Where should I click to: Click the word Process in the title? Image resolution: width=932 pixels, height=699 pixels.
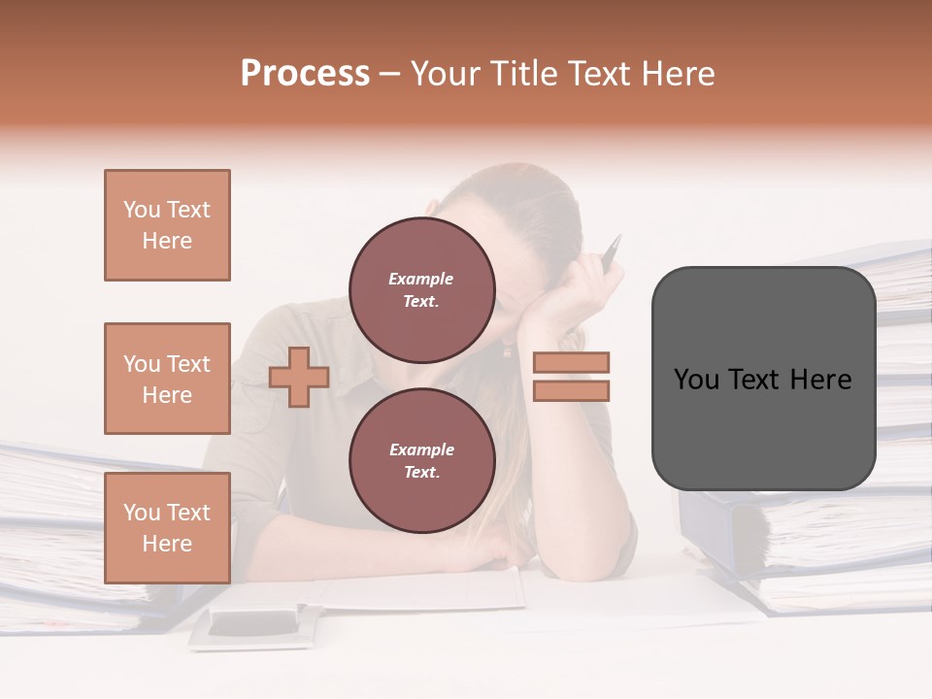[305, 74]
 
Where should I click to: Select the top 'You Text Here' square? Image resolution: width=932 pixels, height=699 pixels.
[167, 225]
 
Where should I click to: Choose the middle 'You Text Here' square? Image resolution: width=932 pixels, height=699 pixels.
[167, 379]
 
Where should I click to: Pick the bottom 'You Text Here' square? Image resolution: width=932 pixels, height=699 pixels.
[167, 527]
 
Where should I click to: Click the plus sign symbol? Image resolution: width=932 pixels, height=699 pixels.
[299, 377]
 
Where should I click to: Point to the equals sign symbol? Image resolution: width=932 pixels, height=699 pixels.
[571, 377]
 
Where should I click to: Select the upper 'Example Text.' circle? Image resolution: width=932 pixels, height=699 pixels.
[421, 289]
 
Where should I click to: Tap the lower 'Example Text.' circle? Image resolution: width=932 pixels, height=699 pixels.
[421, 460]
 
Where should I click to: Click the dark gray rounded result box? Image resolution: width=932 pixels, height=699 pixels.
[763, 379]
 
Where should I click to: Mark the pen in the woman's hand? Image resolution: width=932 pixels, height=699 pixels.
[611, 253]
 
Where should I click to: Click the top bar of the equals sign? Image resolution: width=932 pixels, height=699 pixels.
[571, 363]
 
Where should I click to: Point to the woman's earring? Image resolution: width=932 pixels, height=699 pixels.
[506, 349]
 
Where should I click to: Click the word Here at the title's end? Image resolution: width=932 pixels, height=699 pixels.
[680, 74]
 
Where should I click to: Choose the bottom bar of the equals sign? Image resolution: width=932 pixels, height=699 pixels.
[571, 390]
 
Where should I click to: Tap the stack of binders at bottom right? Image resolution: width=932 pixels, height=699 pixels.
[815, 553]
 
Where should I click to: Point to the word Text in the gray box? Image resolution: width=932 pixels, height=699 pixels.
[762, 380]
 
